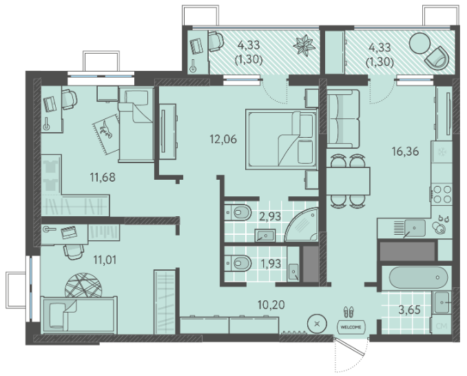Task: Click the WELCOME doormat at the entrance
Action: pos(351,327)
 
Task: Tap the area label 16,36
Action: pos(405,152)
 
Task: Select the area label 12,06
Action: pos(223,138)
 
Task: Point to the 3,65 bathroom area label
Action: pos(410,310)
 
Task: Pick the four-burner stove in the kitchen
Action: pos(442,194)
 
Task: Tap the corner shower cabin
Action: pos(302,224)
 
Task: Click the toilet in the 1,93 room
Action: pos(238,263)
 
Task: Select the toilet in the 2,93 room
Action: pos(238,212)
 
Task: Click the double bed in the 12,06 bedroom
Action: pos(281,139)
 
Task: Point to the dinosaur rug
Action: pos(106,134)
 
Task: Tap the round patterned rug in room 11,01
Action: pos(83,286)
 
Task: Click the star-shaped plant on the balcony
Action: pos(304,45)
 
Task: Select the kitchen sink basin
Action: pos(414,228)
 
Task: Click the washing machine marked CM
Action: pos(441,326)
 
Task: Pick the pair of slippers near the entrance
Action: pos(349,312)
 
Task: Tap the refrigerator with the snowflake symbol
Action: pos(442,152)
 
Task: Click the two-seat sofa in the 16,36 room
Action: pos(343,119)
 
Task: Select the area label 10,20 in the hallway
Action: pos(271,304)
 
